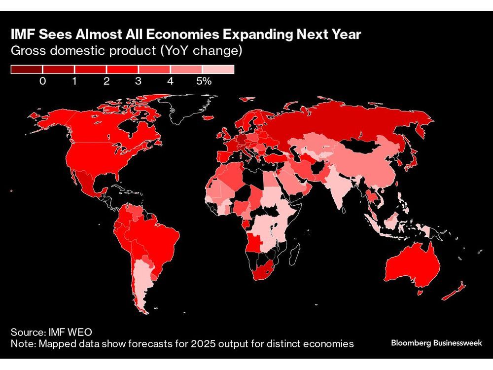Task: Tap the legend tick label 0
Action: point(42,81)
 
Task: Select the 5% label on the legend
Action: point(204,81)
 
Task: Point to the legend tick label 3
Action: point(138,81)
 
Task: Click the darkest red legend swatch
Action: point(27,70)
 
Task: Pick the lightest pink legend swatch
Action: point(218,70)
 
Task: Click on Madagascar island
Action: point(294,254)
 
